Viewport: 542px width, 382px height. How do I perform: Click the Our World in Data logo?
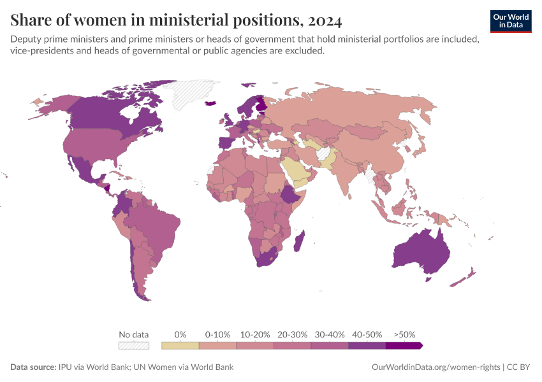(510, 20)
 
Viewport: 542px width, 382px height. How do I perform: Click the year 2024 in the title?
(324, 21)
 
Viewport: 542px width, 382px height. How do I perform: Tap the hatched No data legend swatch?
(134, 346)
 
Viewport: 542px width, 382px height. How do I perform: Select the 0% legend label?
(180, 334)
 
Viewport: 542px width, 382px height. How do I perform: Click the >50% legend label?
(404, 334)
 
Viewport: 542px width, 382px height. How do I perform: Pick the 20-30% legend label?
(292, 334)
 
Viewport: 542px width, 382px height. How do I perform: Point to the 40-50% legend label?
(367, 334)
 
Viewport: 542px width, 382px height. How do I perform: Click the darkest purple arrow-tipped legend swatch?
(403, 346)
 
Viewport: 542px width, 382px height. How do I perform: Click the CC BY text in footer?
(520, 367)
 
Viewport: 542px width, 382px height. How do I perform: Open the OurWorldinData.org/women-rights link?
(436, 367)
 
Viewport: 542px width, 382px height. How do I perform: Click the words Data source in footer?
(33, 367)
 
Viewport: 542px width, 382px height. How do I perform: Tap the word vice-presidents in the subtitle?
(40, 52)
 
